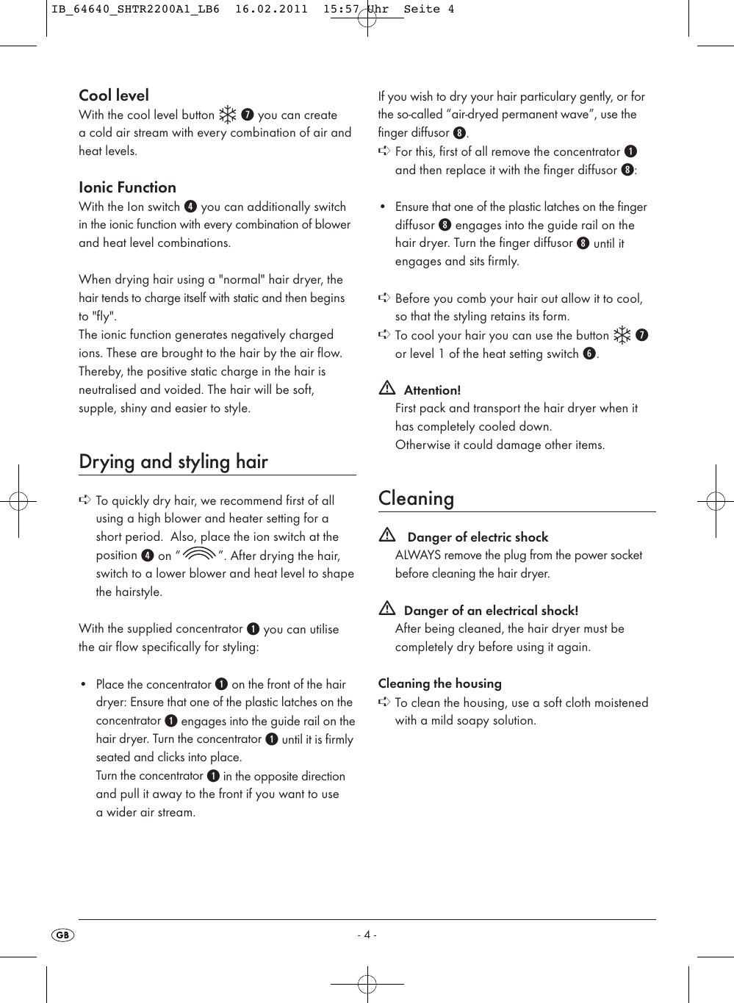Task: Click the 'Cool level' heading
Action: [x=114, y=96]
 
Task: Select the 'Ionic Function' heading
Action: [x=127, y=187]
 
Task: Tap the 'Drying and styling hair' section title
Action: [x=173, y=461]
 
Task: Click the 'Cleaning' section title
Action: [x=416, y=498]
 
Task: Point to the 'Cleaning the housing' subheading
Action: [x=439, y=683]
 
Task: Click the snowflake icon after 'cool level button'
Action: [x=228, y=115]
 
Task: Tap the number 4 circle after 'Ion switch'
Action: [x=190, y=206]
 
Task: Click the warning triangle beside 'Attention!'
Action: [x=387, y=388]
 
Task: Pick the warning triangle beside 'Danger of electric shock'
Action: [x=387, y=535]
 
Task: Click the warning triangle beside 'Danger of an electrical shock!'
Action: [x=387, y=608]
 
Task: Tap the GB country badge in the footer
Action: [x=63, y=935]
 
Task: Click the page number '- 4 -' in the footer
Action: [x=367, y=935]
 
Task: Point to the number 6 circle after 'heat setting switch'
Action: [x=589, y=353]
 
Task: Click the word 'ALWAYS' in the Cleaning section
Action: [x=418, y=556]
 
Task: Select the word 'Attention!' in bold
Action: [x=432, y=390]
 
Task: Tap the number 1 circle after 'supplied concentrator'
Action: [x=253, y=629]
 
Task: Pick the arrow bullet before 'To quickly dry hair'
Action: [x=84, y=500]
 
